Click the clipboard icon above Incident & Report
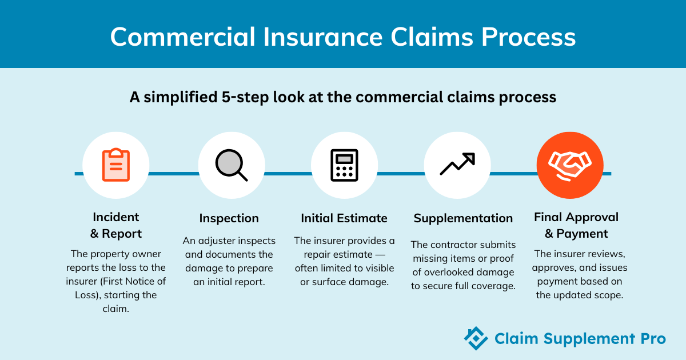point(115,165)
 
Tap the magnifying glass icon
point(231,165)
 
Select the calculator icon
point(344,165)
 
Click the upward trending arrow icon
point(457,164)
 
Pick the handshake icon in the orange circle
point(570,165)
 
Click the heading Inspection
point(229,218)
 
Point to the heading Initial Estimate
point(344,218)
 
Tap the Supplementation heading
point(463,218)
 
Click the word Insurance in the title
point(323,37)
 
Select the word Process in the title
point(529,37)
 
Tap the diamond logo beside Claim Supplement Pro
point(476,338)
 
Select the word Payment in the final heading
point(582,234)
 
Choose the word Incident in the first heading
point(115,217)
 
